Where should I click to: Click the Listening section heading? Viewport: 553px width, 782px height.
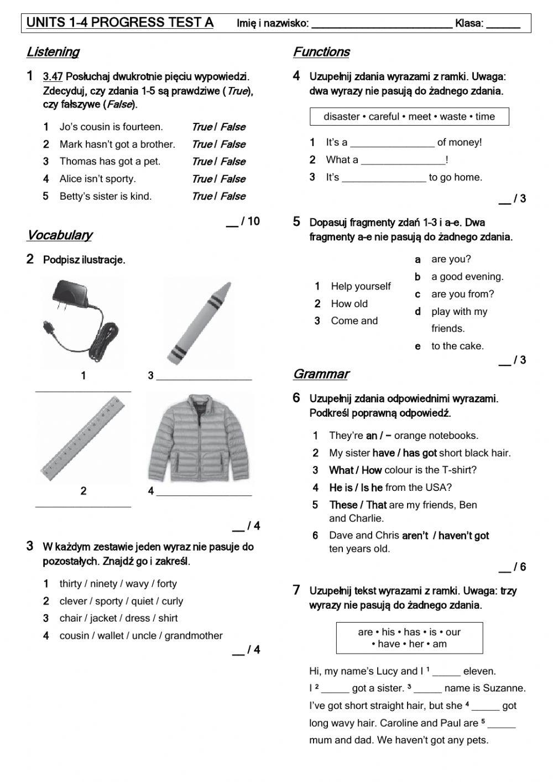click(x=53, y=52)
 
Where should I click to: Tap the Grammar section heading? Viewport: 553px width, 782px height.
click(x=321, y=374)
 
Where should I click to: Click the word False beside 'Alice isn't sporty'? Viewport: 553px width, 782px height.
click(x=233, y=179)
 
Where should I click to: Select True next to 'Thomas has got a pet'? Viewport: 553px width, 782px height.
click(x=201, y=162)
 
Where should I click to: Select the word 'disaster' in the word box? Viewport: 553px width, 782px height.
click(x=342, y=116)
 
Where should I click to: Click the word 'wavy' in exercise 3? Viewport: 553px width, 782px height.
click(x=137, y=583)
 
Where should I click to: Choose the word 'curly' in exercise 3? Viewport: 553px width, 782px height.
click(x=173, y=601)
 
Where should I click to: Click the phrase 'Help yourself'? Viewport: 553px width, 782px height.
click(x=361, y=286)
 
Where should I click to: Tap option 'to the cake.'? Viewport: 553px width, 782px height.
click(x=457, y=346)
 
